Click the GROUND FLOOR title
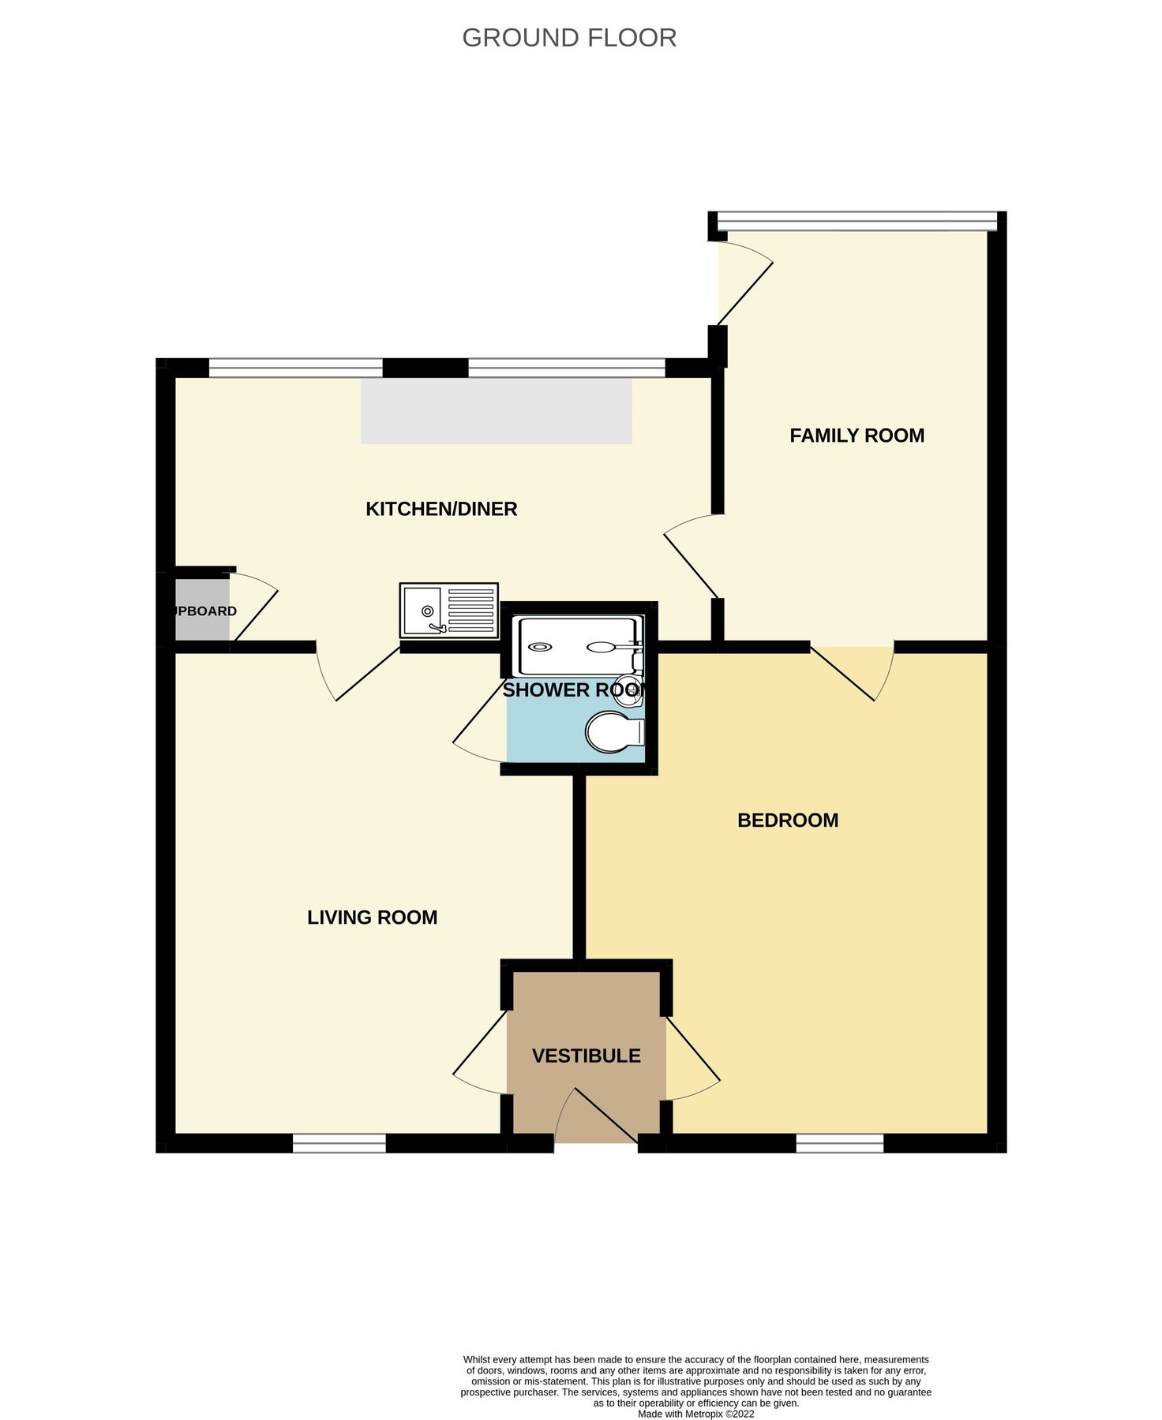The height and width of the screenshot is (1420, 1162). click(568, 38)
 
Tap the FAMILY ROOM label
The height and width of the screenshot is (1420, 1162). click(857, 435)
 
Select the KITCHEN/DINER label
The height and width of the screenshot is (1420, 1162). click(441, 509)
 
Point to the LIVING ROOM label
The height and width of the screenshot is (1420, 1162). click(372, 917)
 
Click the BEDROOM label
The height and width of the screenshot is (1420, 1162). click(787, 820)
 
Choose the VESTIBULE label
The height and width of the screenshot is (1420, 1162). click(586, 1056)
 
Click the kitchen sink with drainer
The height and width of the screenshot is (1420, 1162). click(448, 610)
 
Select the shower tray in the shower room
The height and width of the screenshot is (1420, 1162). click(574, 647)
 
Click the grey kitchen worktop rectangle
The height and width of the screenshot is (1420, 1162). click(496, 410)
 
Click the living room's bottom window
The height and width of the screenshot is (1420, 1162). click(339, 1143)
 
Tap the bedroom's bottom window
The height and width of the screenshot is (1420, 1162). click(839, 1143)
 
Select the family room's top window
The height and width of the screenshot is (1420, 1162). click(857, 221)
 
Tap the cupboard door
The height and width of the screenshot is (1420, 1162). click(255, 606)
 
